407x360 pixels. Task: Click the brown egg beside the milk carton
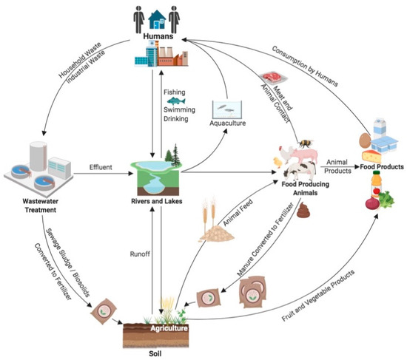[x=364, y=137]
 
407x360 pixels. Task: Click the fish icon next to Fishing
[x=176, y=101]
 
